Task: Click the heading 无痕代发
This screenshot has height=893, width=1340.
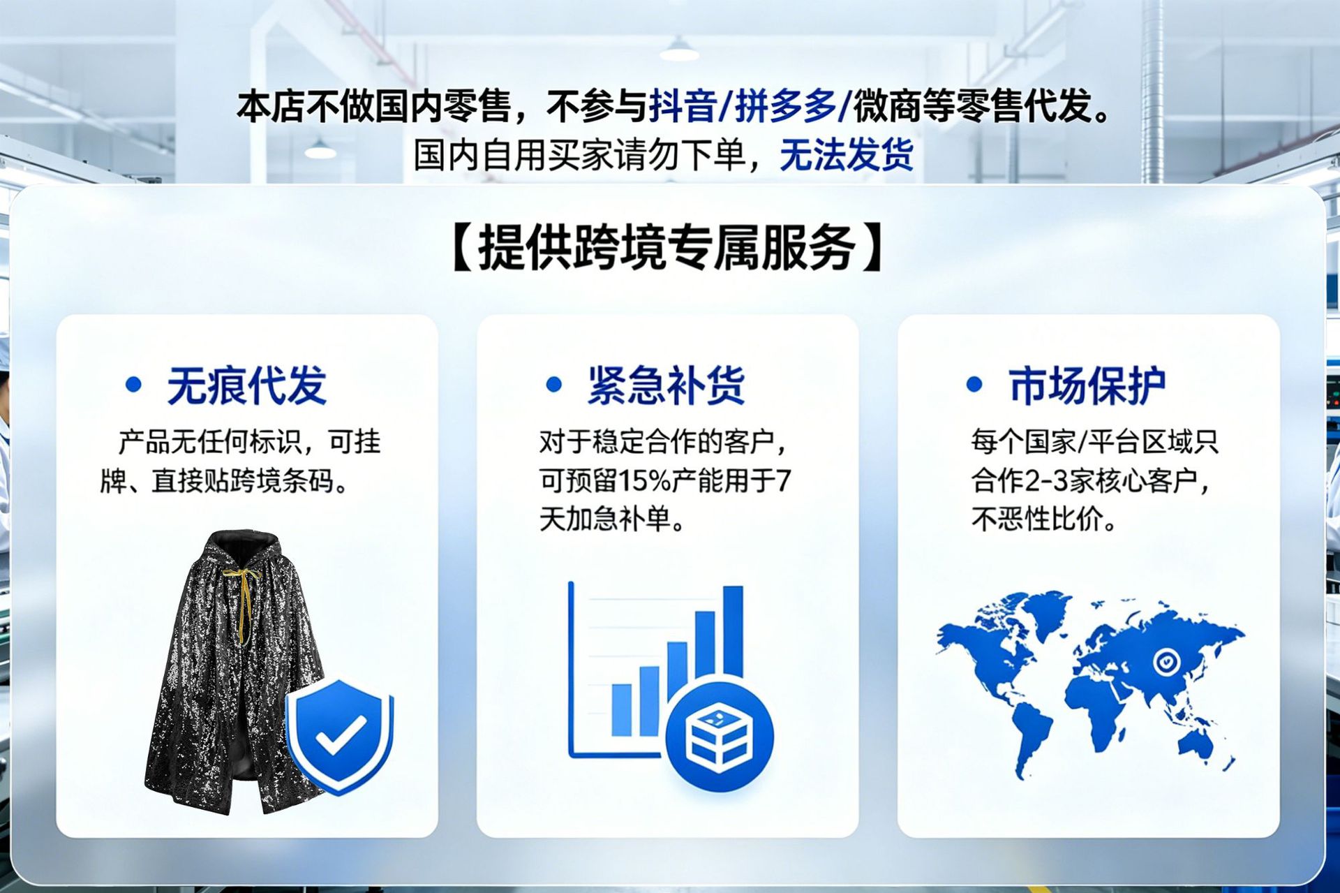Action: coord(246,385)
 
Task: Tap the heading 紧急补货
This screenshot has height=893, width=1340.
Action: coord(667,385)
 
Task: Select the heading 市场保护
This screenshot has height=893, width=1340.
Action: coord(1087,385)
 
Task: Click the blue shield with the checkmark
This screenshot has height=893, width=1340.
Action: coord(341,735)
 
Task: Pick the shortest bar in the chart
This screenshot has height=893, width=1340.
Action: coord(621,709)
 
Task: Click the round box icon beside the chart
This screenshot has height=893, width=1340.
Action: coord(719,737)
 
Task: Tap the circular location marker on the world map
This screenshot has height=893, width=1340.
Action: coord(1166,660)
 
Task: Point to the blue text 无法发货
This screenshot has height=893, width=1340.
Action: coord(847,155)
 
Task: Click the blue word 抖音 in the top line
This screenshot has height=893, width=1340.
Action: coord(683,106)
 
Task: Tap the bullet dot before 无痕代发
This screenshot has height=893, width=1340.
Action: coord(133,384)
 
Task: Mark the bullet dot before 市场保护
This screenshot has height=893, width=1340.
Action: coord(974,384)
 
